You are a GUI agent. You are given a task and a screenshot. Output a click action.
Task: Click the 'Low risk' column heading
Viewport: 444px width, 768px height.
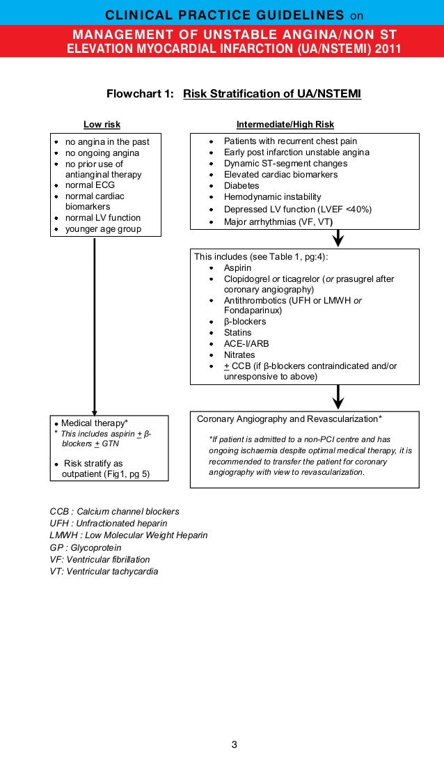102,125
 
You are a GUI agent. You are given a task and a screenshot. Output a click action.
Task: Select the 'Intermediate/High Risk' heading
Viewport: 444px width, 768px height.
285,125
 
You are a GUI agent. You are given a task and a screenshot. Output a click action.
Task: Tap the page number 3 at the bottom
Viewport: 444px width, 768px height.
234,745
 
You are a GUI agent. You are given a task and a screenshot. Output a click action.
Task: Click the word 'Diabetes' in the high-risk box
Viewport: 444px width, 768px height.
241,186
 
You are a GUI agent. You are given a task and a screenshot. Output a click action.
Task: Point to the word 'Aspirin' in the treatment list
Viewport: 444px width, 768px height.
237,268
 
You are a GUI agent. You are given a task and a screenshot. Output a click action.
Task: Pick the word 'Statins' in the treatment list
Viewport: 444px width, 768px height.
237,333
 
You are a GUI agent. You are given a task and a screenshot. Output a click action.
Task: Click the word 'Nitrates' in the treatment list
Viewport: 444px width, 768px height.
239,354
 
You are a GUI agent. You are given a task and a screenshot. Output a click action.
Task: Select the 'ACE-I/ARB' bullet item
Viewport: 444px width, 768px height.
246,344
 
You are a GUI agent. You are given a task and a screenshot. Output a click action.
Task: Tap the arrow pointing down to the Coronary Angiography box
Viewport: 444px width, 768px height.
338,398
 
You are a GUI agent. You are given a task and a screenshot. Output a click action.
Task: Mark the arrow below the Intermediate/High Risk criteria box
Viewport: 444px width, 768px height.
338,238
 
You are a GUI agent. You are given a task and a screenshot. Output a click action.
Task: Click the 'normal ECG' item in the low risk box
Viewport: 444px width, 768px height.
90,185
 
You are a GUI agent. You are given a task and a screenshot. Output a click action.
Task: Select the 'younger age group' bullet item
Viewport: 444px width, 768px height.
102,229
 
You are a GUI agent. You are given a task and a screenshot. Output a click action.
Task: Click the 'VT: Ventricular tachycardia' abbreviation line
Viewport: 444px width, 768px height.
104,572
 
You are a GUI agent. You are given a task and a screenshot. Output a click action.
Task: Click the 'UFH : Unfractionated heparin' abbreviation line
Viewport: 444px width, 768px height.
109,523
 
